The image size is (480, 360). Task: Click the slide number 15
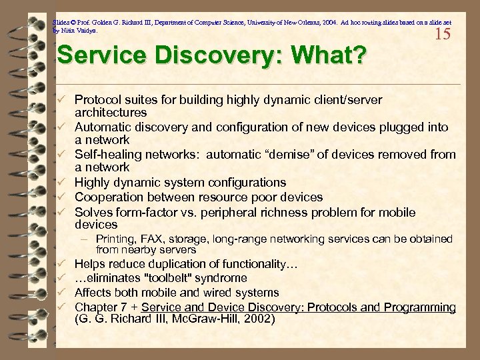[x=443, y=33]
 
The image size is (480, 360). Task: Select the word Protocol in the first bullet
[x=97, y=99]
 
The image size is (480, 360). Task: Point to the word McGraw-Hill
[x=200, y=319]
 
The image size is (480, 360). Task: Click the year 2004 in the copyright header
[x=309, y=21]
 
